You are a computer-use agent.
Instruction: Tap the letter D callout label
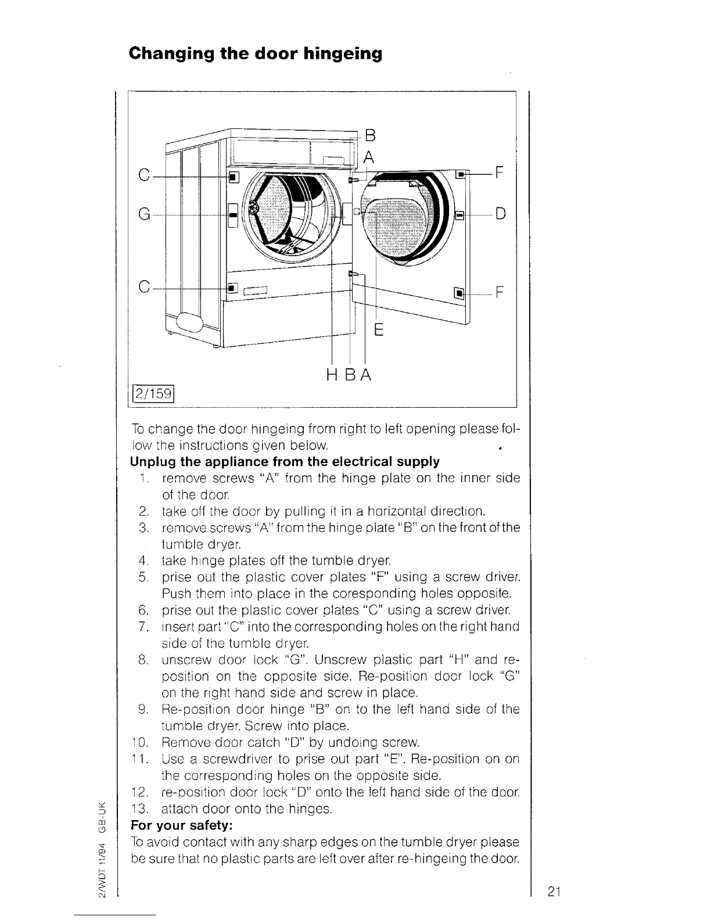point(501,214)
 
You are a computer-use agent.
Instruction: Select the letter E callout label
point(378,330)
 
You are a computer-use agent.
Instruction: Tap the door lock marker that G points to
point(232,215)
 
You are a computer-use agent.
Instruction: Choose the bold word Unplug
point(153,462)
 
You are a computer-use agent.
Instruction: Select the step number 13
point(140,808)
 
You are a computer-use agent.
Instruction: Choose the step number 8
point(142,660)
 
